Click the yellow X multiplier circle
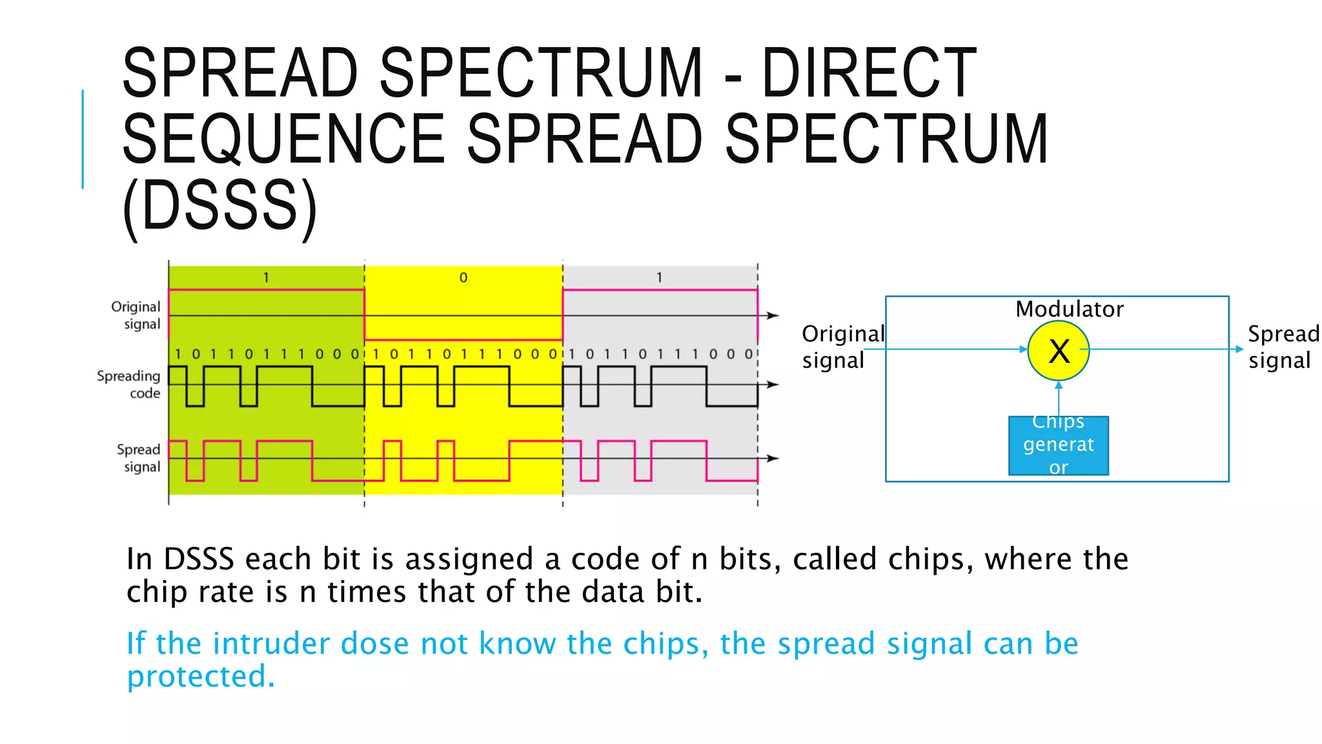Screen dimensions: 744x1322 (1058, 351)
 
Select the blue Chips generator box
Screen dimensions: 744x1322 (1059, 446)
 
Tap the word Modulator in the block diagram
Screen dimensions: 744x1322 (1069, 309)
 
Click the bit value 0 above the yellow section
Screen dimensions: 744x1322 (463, 278)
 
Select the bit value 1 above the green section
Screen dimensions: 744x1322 (266, 278)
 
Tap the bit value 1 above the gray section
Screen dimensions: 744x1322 (659, 278)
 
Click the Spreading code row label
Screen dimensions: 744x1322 (129, 384)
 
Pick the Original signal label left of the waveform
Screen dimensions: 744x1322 (136, 315)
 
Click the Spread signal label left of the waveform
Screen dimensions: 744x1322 (139, 458)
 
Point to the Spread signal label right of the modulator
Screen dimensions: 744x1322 (1282, 347)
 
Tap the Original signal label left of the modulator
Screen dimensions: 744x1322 (841, 347)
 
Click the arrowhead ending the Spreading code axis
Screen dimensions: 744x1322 (773, 384)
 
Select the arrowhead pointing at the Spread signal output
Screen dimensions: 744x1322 (1239, 349)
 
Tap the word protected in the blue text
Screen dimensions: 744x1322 (201, 676)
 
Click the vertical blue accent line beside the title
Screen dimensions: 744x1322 (83, 139)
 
